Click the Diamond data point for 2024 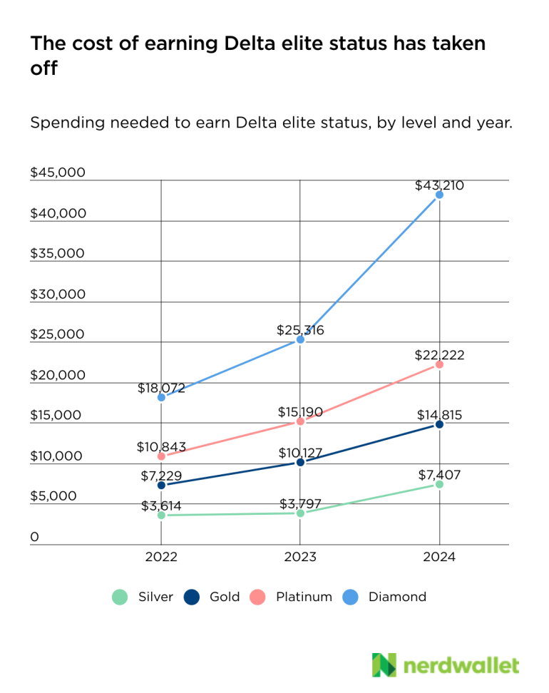point(439,195)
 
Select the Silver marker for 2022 point(161,515)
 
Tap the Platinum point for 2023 point(300,421)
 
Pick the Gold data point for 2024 point(439,424)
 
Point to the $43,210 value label point(439,185)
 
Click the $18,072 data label point(161,388)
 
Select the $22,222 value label point(439,355)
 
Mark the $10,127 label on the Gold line point(300,452)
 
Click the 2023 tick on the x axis point(300,558)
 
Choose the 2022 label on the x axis point(161,558)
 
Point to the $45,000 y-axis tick point(57,173)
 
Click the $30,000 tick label point(57,294)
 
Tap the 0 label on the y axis point(34,537)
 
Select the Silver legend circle point(120,597)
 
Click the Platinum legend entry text point(304,597)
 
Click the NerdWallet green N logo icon point(384,664)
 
